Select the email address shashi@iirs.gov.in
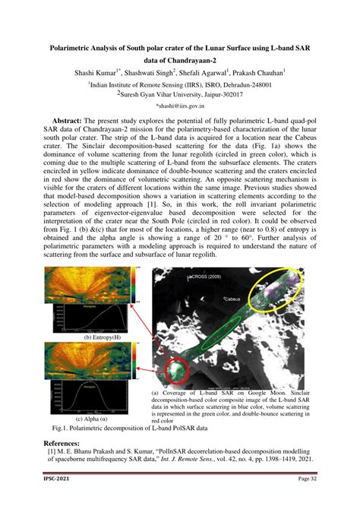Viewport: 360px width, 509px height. (x=180, y=107)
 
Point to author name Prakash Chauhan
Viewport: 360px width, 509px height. (x=258, y=73)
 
